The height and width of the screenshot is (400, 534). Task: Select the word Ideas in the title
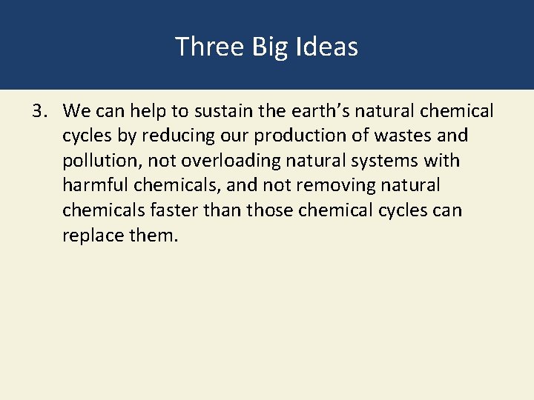326,47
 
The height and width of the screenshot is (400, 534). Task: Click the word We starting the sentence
77,111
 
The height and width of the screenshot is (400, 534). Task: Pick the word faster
173,210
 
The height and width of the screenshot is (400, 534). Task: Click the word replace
91,235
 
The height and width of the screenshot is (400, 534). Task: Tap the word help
154,111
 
